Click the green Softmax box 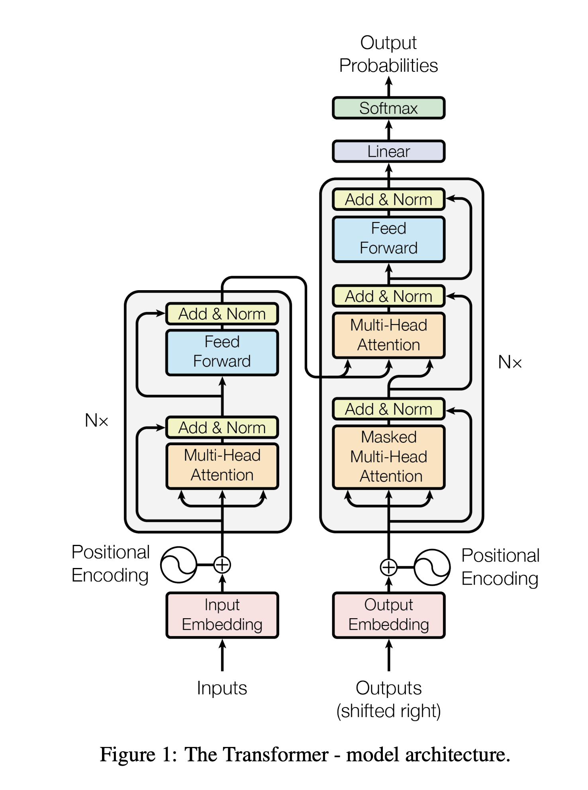(x=388, y=108)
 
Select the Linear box (x=388, y=151)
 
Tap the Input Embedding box (x=222, y=615)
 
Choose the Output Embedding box (x=388, y=615)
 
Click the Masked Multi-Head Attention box (x=388, y=457)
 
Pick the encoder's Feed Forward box (x=222, y=352)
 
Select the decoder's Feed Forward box (x=388, y=238)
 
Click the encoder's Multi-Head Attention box (x=222, y=466)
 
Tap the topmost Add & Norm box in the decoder (x=388, y=199)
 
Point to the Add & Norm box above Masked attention (x=388, y=409)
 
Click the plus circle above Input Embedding (x=222, y=564)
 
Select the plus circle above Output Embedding (x=388, y=567)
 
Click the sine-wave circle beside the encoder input (x=178, y=564)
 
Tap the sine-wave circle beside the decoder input (x=432, y=567)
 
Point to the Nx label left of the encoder (x=96, y=421)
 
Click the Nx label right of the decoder (x=510, y=362)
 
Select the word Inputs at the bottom (x=222, y=688)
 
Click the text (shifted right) (x=388, y=711)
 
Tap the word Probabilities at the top (x=388, y=66)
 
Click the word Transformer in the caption (x=257, y=755)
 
